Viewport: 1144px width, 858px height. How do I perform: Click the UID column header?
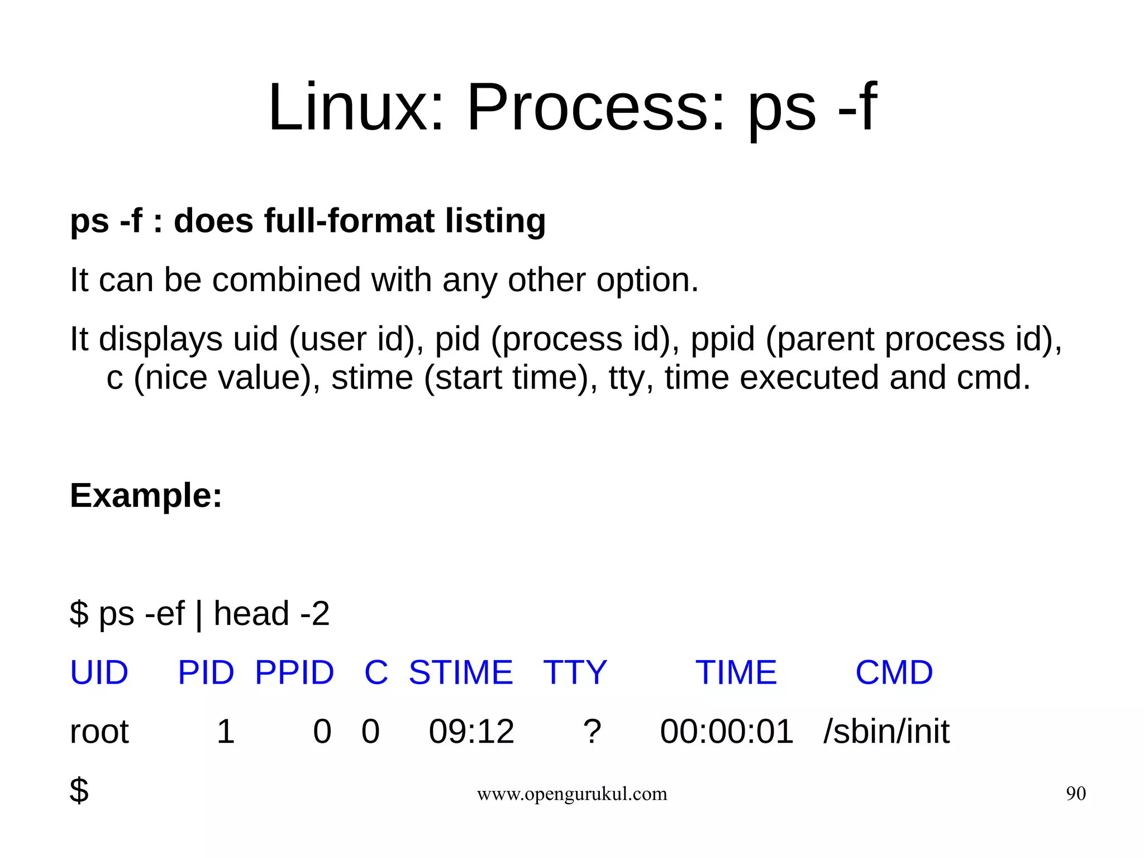99,672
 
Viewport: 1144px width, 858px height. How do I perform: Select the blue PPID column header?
294,672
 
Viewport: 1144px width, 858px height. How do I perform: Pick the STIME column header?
461,672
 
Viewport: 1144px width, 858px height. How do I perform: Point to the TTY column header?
575,672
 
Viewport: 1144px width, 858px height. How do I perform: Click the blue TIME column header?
736,672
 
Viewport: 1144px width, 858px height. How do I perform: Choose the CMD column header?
894,672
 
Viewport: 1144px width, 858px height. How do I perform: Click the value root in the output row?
99,732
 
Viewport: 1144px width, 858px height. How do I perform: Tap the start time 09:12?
471,732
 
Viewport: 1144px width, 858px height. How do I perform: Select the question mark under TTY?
592,732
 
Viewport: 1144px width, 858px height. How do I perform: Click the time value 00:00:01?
726,732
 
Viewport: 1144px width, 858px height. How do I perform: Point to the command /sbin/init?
886,732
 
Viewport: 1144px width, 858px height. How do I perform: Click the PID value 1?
225,732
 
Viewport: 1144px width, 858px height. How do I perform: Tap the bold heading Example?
146,496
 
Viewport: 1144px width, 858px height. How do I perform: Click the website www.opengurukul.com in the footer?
571,794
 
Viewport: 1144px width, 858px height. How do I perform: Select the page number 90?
1075,794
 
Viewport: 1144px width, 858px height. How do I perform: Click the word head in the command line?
251,614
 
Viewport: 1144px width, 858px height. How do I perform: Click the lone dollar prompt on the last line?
79,791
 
